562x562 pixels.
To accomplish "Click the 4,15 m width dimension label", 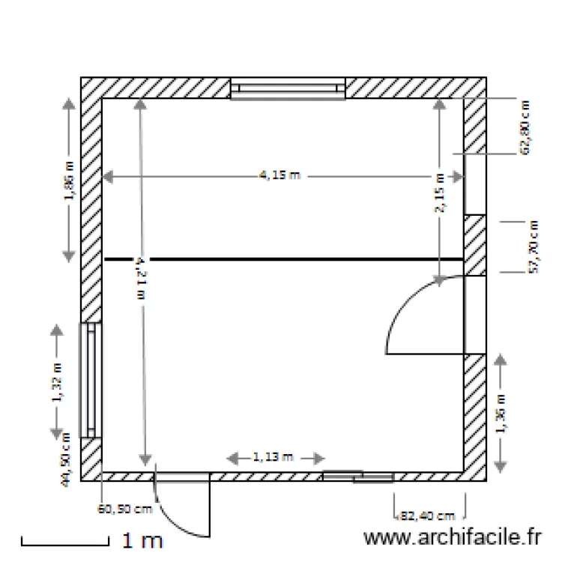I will [x=280, y=176].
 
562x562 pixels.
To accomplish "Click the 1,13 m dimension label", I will [x=273, y=456].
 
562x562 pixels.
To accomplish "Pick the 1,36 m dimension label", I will [x=501, y=413].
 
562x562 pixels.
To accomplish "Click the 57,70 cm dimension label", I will [x=534, y=247].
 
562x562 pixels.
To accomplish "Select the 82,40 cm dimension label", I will [x=428, y=516].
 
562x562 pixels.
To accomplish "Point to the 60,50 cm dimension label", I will [x=126, y=510].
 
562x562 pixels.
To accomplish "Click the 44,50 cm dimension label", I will [x=67, y=459].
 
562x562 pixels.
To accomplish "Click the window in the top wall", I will [x=287, y=88].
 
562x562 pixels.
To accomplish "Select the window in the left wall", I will [x=91, y=380].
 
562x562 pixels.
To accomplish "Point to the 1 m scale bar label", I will [x=142, y=540].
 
